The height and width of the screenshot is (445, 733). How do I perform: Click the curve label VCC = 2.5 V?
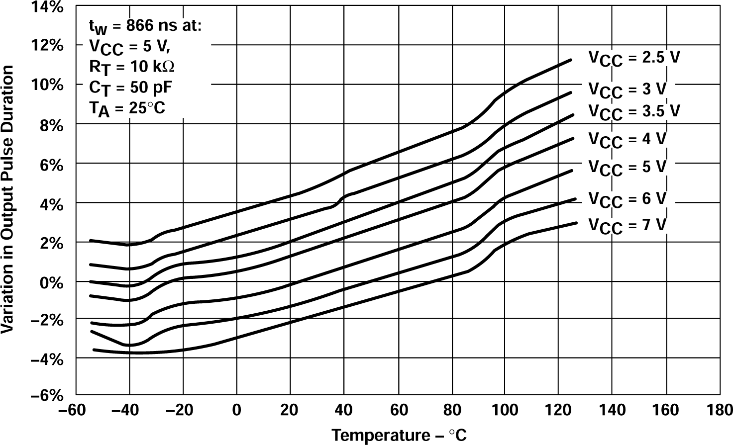633,58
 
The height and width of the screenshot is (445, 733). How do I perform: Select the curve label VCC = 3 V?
627,90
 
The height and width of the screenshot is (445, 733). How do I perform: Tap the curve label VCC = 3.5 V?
633,111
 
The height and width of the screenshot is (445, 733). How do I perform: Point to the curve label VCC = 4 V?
627,140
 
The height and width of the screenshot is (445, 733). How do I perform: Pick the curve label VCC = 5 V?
627,168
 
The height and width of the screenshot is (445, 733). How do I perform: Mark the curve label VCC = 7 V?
627,226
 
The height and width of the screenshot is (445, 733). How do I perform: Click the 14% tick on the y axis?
49,7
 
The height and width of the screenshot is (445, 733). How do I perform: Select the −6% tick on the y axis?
47,396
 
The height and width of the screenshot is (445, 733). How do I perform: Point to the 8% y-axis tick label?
52,125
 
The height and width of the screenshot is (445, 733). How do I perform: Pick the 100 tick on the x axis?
505,411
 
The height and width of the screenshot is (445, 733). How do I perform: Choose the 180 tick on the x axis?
720,411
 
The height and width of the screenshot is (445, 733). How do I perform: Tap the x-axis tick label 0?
237,411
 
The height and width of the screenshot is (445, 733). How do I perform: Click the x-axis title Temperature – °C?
399,435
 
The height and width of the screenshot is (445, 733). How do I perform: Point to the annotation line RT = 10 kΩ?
132,66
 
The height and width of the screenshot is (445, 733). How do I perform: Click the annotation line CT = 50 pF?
130,88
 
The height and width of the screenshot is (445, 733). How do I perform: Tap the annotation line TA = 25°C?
127,108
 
